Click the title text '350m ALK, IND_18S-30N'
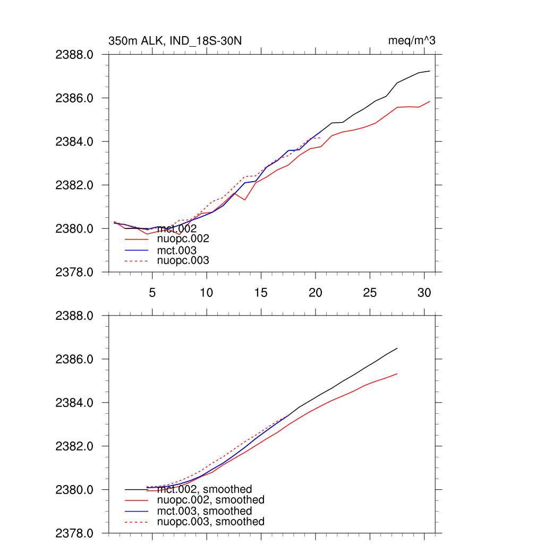tap(175, 41)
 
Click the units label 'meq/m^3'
tap(412, 41)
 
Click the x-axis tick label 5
tap(152, 292)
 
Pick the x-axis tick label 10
tap(206, 292)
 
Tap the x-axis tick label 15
tap(260, 292)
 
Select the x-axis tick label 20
tap(315, 292)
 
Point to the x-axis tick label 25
tap(369, 292)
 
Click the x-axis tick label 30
tap(424, 292)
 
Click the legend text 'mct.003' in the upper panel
tap(177, 250)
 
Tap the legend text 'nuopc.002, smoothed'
tap(211, 500)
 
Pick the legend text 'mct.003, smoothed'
tap(205, 511)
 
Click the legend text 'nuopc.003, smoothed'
tap(211, 522)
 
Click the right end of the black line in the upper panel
tap(429, 71)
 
